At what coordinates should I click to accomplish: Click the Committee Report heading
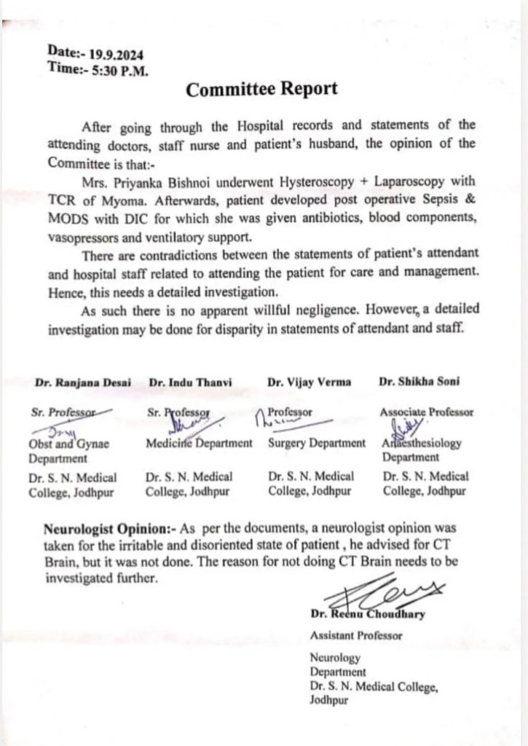(x=261, y=90)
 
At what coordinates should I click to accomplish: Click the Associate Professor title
(x=426, y=412)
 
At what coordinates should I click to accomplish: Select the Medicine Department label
(x=199, y=444)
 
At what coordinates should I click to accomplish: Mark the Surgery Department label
(x=317, y=444)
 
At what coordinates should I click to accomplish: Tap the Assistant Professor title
(x=356, y=635)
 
